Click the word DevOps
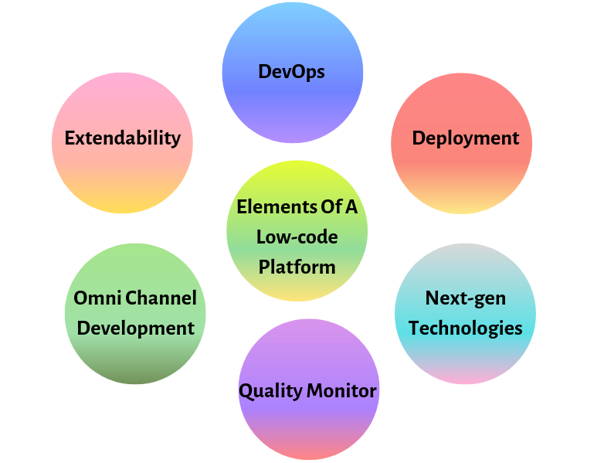291,72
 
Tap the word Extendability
122,138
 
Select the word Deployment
465,138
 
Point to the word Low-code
297,237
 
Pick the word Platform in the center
297,267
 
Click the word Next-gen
465,298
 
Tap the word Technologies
465,328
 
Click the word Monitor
341,390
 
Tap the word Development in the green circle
136,328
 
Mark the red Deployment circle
461,178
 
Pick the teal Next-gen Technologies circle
465,356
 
